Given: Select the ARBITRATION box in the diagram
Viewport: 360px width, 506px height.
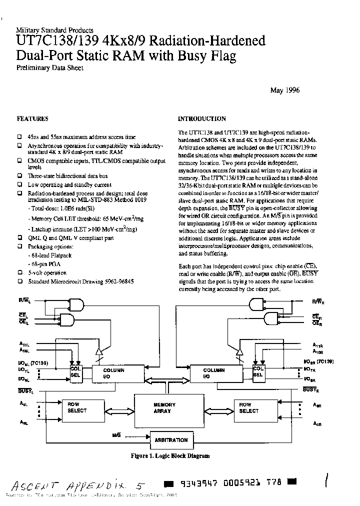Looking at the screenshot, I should coord(171,440).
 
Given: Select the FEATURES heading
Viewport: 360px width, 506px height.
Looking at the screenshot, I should coord(32,119).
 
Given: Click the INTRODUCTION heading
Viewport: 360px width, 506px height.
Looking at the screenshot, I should coord(202,119).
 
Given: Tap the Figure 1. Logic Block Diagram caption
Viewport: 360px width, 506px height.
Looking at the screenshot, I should coord(170,456).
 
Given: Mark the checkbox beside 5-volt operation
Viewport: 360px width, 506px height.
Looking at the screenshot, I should coord(19,273).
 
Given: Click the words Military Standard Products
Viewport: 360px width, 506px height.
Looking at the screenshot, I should coord(54,30).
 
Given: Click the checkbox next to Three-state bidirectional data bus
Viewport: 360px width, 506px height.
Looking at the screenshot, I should coord(19,176).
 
